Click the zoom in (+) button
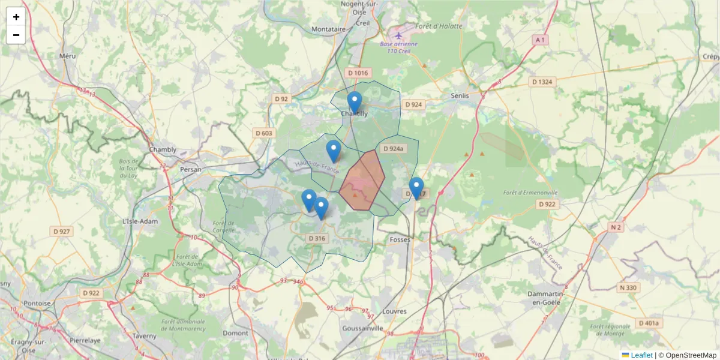tap(16, 17)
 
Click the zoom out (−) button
tap(16, 35)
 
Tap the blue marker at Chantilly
tap(355, 103)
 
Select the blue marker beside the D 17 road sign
tap(416, 188)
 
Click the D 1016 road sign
tap(356, 73)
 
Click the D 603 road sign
tap(263, 133)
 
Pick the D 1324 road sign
tap(542, 82)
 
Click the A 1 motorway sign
tap(541, 40)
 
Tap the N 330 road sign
tap(628, 288)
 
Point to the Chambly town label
tap(163, 149)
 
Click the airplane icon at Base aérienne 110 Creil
tap(399, 34)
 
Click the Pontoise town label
tap(37, 303)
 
